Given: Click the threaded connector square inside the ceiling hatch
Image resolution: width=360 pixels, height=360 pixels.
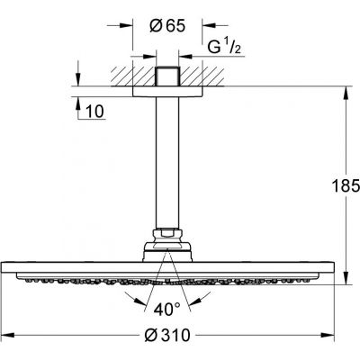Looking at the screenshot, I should pos(166,72).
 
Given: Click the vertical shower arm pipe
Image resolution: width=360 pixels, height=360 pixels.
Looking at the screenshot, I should pos(166,162).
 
